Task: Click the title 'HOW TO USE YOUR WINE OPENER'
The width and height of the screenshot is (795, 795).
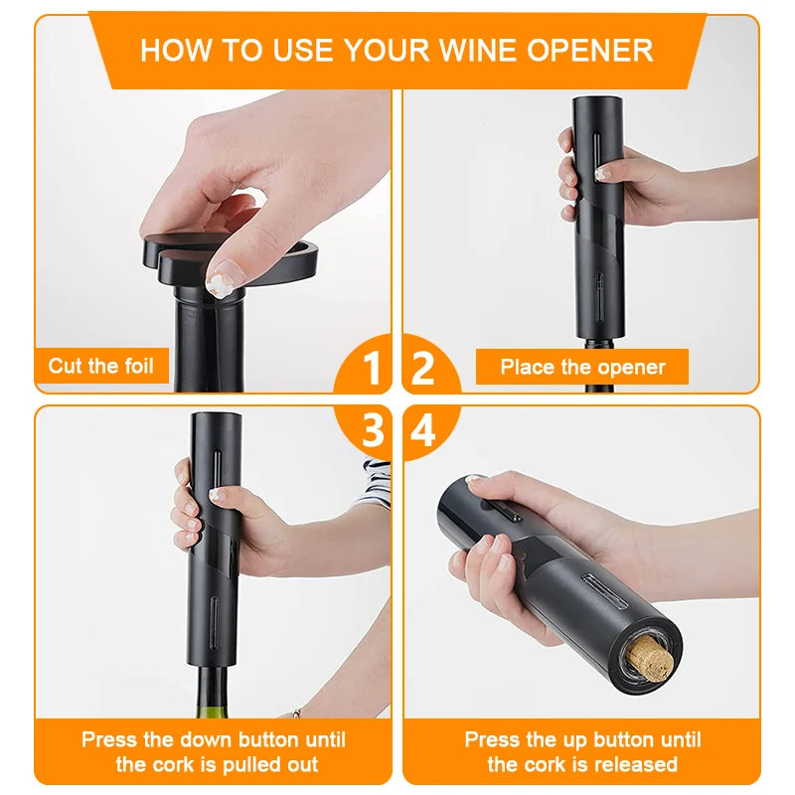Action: tap(397, 50)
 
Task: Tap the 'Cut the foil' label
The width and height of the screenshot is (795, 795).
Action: tap(101, 366)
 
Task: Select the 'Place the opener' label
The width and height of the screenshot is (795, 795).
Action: tap(582, 367)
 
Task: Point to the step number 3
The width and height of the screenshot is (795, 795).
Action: tap(372, 431)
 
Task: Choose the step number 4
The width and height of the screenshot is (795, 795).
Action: tap(423, 431)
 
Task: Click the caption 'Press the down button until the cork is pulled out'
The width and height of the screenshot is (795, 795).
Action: tap(214, 752)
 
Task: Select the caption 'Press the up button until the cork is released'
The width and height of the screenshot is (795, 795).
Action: tap(582, 752)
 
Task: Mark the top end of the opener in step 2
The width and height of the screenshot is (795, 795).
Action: tap(597, 104)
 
